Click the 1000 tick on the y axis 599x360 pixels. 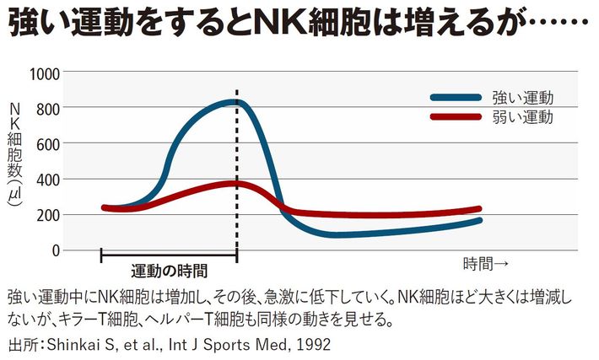(44, 73)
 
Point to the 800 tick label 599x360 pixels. (47, 108)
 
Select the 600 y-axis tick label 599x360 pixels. (47, 143)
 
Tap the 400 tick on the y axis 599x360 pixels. (47, 179)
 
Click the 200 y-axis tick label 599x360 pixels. (47, 214)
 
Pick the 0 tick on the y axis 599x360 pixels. (56, 250)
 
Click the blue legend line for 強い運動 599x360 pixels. (456, 98)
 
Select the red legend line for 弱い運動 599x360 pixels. (456, 117)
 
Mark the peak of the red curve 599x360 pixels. (234, 183)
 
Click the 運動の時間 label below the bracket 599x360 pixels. (169, 271)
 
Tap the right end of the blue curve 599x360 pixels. (479, 221)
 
